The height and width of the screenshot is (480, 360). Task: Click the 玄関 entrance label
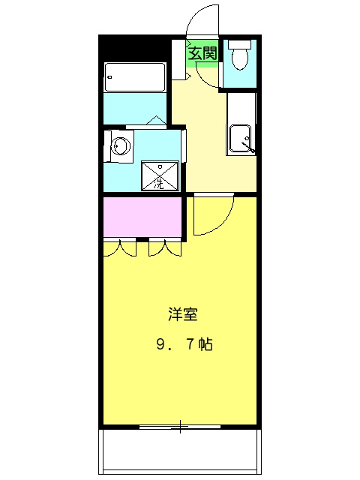tap(202, 53)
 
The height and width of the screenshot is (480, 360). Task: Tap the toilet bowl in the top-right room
tap(241, 58)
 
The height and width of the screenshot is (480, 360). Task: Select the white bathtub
tap(135, 77)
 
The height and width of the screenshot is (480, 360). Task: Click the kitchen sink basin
tap(240, 139)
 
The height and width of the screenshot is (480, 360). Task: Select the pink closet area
tap(142, 216)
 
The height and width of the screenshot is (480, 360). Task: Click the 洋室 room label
tap(182, 315)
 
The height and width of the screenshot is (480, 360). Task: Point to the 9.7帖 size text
tap(184, 345)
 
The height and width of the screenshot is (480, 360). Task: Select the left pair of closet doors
tap(120, 247)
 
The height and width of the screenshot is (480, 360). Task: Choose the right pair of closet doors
tap(164, 247)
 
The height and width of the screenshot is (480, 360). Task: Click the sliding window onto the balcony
tap(180, 428)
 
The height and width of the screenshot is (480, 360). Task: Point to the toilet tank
tap(241, 43)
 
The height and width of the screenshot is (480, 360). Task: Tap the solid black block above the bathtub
tap(135, 49)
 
